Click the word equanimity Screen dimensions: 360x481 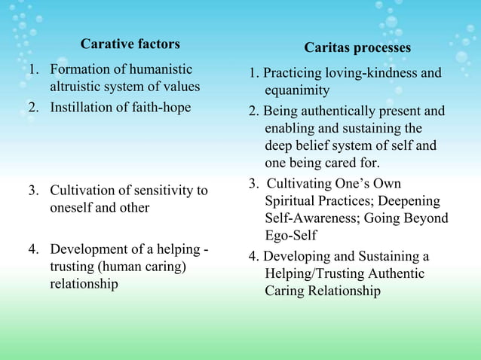point(297,90)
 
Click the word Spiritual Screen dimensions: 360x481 point(291,202)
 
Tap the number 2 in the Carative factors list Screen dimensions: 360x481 point(32,107)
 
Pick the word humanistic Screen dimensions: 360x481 point(156,70)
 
